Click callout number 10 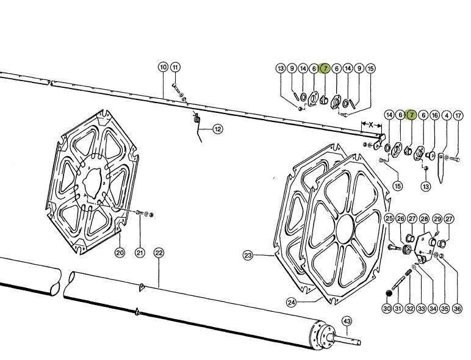coord(163,67)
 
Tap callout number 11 coord(175,67)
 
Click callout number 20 coord(120,253)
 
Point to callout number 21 coord(140,253)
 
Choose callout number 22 coord(159,253)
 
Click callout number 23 coord(248,256)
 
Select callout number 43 coord(347,321)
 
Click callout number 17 coord(458,115)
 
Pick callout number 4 coord(447,115)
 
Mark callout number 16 coord(434,115)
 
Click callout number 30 coord(386,309)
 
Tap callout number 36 coord(458,309)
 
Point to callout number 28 coord(424,219)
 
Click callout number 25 coord(389,219)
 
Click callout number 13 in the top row coord(281,69)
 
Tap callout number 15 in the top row coord(370,69)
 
